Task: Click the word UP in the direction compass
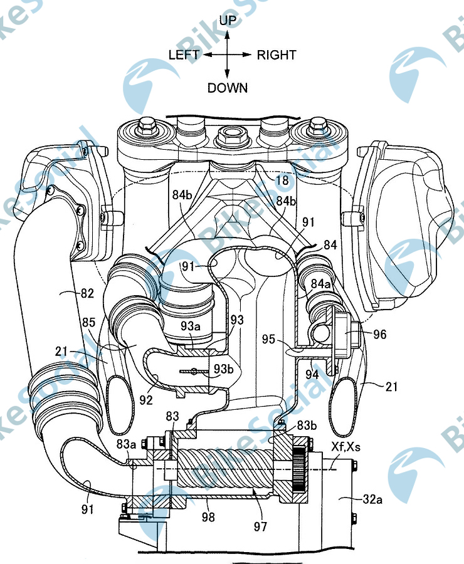coord(228,21)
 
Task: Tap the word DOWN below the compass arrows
coord(228,88)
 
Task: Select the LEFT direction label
coord(183,55)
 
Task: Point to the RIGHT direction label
coord(277,55)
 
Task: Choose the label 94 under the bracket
coord(312,375)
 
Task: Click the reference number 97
coord(261,526)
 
